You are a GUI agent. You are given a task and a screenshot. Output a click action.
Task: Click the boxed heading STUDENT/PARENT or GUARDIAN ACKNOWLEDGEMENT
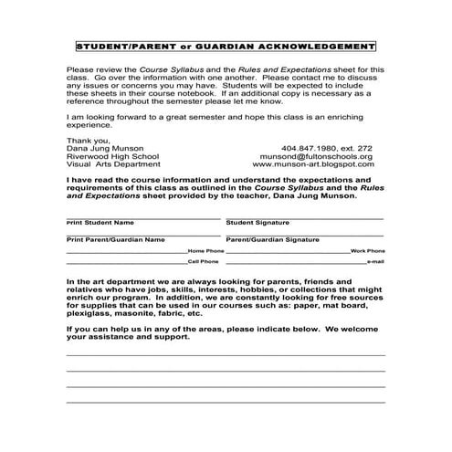[x=226, y=46]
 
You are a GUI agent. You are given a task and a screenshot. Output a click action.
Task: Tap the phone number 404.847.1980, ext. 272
[x=329, y=148]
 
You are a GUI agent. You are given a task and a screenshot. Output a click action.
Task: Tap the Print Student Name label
[x=100, y=222]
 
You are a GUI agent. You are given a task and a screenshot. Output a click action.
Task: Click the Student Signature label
[x=258, y=222]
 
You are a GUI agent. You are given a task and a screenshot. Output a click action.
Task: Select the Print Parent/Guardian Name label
[x=115, y=238]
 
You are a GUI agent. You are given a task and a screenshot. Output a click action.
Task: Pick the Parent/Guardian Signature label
[x=272, y=238]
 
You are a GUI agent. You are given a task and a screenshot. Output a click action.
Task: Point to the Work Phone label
[x=368, y=250]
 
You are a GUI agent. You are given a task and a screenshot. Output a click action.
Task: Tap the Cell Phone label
[x=205, y=262]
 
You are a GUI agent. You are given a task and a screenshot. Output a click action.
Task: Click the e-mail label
[x=374, y=262]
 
